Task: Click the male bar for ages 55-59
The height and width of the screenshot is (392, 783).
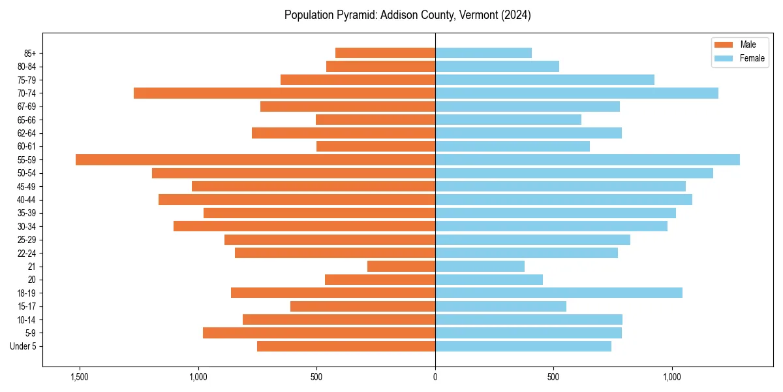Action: coord(255,160)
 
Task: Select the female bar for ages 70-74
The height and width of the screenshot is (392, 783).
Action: coord(577,93)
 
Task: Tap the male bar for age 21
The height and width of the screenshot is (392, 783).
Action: coord(401,267)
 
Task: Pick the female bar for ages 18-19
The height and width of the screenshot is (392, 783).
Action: coord(559,293)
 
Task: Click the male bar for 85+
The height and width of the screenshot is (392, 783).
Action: coord(385,53)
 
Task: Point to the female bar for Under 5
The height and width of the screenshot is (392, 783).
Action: coord(523,346)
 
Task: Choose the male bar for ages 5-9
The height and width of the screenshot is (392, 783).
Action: coord(319,333)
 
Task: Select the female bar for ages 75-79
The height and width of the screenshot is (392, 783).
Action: coord(545,80)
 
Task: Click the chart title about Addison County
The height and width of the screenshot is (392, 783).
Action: coord(408,15)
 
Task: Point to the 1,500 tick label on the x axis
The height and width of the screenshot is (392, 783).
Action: coord(80,377)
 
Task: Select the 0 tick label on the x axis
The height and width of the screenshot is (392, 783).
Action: coord(435,377)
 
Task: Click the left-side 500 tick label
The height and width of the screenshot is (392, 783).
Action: coord(316,377)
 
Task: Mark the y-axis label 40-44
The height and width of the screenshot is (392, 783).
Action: coord(27,200)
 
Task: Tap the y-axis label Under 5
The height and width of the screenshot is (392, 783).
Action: coord(23,346)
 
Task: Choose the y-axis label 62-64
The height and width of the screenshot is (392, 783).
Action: coord(27,133)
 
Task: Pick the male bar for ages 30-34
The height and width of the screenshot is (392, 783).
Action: coord(304,226)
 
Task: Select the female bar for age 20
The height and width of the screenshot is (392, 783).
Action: coord(489,280)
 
